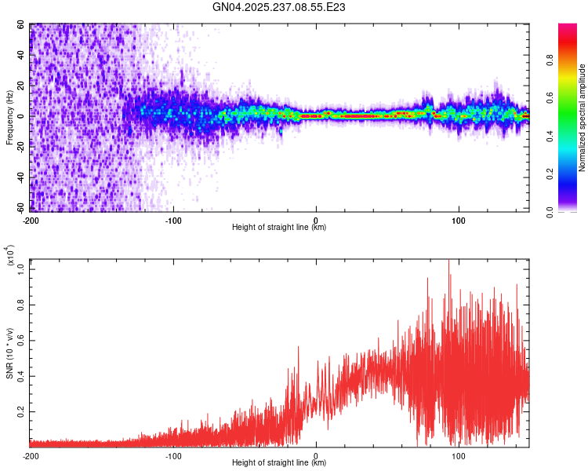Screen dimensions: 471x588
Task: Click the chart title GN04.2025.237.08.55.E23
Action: click(280, 7)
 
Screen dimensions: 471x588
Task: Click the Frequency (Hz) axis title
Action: click(9, 119)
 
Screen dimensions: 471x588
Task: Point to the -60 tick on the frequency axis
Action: click(21, 209)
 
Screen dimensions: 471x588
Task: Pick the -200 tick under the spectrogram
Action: click(31, 220)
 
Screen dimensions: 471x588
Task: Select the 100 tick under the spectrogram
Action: click(459, 220)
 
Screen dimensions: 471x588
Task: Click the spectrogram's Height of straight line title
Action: click(280, 228)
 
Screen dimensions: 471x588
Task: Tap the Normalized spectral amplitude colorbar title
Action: click(583, 119)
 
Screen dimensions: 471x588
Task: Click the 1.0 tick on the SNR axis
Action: click(21, 268)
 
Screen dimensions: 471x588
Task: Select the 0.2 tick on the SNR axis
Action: click(21, 411)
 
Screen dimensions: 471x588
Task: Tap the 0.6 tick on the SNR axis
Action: click(21, 340)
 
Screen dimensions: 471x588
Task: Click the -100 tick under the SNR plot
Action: click(173, 455)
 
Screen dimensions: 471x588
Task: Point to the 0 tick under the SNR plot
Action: click(316, 455)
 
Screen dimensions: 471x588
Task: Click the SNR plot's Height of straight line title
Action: click(280, 463)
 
